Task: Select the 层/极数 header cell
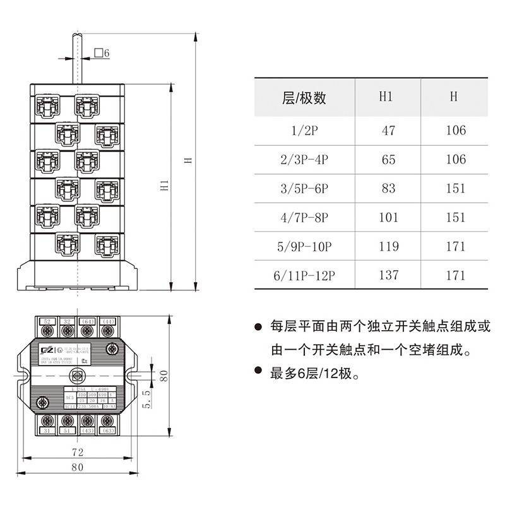pyautogui.click(x=304, y=98)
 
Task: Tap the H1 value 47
pyautogui.click(x=388, y=131)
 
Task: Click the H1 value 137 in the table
pyautogui.click(x=389, y=275)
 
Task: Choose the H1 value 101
pyautogui.click(x=389, y=218)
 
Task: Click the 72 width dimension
pyautogui.click(x=76, y=453)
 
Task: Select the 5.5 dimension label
pyautogui.click(x=146, y=400)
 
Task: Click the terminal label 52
pyautogui.click(x=47, y=321)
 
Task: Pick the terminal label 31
pyautogui.click(x=47, y=431)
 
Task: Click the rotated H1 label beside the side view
pyautogui.click(x=164, y=186)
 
